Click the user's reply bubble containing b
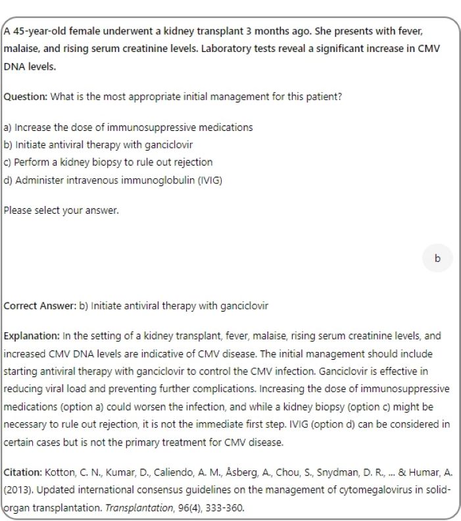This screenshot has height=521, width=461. [x=437, y=258]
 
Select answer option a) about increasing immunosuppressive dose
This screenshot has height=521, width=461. [x=128, y=127]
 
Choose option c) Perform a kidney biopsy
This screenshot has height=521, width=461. [x=109, y=162]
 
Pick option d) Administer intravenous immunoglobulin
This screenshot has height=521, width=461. [x=112, y=179]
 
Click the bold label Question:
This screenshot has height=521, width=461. [x=26, y=97]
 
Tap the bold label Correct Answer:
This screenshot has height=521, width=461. [x=40, y=306]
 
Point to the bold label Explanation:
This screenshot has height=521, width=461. [x=32, y=335]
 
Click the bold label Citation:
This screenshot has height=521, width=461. [x=24, y=472]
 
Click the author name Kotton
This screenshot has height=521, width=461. [x=57, y=472]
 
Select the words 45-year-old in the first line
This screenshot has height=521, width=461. [x=35, y=32]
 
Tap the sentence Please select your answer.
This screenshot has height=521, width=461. [x=61, y=211]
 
